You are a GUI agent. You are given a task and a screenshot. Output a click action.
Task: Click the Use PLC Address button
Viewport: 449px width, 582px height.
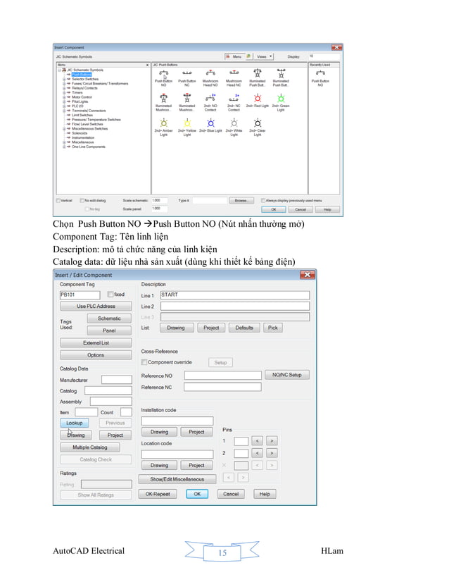click(95, 307)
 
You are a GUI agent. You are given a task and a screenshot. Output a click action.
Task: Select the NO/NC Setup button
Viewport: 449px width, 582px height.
click(286, 375)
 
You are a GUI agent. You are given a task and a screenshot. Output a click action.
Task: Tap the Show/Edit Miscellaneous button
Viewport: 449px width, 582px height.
click(177, 479)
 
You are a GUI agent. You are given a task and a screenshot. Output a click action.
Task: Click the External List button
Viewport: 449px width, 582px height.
click(96, 343)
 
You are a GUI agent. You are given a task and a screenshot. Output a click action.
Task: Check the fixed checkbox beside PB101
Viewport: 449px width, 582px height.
click(110, 295)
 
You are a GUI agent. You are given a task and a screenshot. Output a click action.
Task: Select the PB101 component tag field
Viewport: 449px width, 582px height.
click(81, 295)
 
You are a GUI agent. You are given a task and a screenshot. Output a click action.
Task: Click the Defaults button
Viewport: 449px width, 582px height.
click(244, 328)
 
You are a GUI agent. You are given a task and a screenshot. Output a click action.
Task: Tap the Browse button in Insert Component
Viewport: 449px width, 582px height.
click(241, 200)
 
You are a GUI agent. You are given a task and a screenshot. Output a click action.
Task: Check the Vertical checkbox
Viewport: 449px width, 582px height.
click(58, 200)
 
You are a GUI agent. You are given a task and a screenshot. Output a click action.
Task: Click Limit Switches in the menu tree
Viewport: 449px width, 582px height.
click(84, 115)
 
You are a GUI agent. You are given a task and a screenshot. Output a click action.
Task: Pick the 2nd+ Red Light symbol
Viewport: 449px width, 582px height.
click(258, 100)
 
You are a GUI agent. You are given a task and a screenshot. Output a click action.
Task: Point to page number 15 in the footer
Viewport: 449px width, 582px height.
click(222, 553)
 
